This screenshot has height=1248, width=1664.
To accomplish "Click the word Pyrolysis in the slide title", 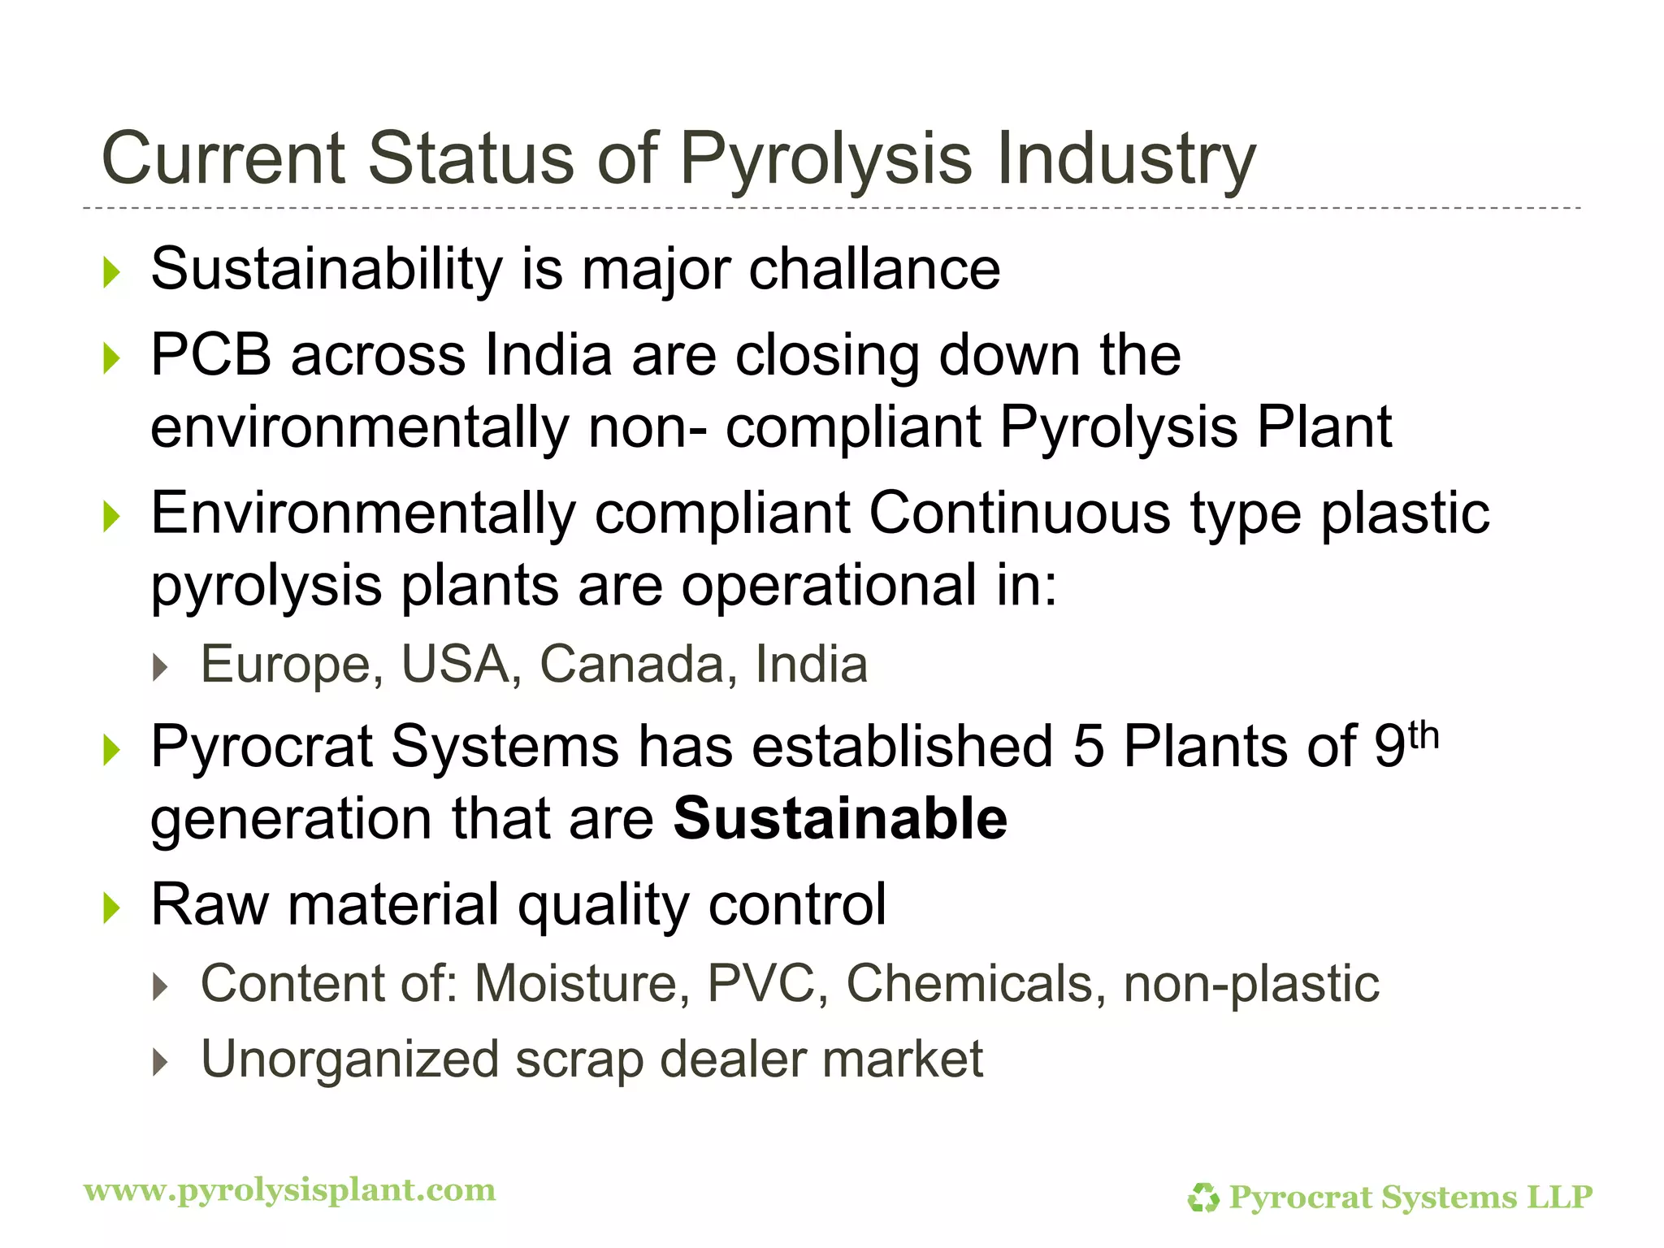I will point(825,158).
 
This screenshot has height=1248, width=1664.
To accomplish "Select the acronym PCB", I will point(210,355).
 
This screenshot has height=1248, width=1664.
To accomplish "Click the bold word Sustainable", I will point(840,818).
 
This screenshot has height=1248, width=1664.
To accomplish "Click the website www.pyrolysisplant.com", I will point(290,1190).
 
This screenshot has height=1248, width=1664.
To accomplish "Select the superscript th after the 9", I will point(1423,737).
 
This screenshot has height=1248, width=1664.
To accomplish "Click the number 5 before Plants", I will point(1089,747).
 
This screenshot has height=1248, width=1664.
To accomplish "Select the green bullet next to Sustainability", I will point(112,272).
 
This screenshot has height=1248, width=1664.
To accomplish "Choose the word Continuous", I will point(1020,513).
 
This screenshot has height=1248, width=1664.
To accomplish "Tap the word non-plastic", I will point(1251,983).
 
